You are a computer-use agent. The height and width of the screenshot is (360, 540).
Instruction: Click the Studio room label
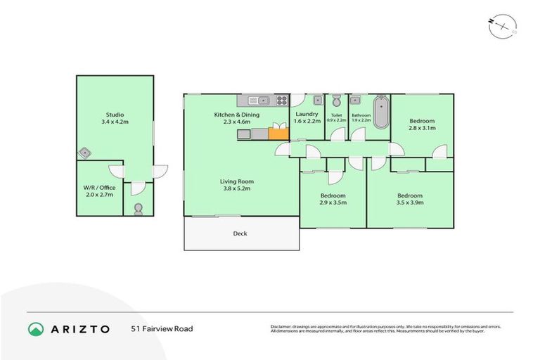click(x=115, y=115)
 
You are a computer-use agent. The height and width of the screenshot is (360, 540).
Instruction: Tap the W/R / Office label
click(x=99, y=187)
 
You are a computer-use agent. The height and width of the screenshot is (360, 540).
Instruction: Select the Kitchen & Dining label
click(x=237, y=115)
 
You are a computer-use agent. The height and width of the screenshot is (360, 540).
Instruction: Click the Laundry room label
click(x=307, y=114)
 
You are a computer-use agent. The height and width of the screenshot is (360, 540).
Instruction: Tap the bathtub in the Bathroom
click(x=380, y=112)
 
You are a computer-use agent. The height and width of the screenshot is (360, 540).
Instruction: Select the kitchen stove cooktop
click(x=281, y=100)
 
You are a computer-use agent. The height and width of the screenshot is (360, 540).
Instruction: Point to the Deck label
click(x=240, y=233)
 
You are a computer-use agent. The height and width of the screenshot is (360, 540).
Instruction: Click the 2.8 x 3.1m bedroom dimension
click(x=423, y=128)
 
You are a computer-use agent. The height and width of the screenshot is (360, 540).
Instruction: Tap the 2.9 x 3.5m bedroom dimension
click(x=333, y=202)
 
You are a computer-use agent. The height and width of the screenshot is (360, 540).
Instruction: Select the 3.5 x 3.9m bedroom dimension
click(x=410, y=202)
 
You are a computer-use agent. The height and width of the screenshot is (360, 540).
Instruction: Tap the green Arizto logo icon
click(x=36, y=328)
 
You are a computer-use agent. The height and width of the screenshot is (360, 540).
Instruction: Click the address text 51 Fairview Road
click(x=162, y=328)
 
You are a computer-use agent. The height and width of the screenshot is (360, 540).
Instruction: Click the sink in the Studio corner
click(x=85, y=151)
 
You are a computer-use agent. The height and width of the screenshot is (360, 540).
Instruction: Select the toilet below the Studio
click(x=137, y=207)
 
